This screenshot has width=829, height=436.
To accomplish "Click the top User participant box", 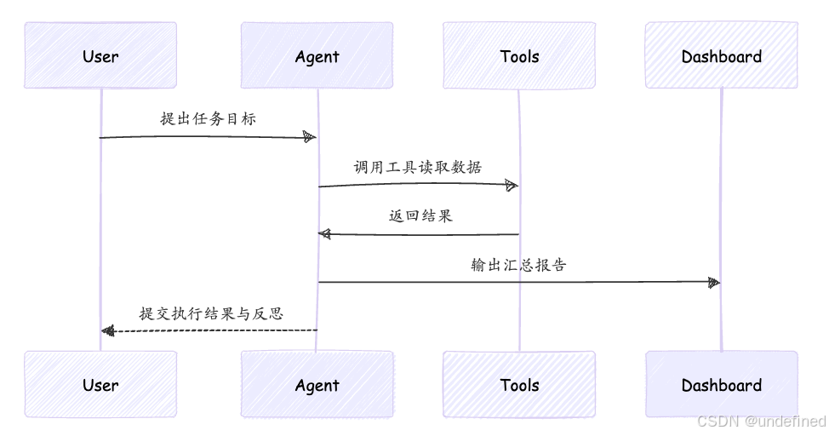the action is click(x=100, y=55).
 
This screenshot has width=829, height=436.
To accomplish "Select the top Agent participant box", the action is click(x=317, y=55).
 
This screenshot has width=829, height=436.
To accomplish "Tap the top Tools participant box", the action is click(x=519, y=55).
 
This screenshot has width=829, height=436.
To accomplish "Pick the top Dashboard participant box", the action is click(x=722, y=55).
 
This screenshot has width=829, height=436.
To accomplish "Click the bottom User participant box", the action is click(x=100, y=384).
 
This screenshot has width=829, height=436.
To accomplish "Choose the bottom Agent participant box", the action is click(x=317, y=384).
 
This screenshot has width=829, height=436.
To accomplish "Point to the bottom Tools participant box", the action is click(x=519, y=384).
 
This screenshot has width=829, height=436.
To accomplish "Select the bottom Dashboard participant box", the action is click(x=722, y=384).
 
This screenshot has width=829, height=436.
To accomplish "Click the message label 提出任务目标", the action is click(x=209, y=118).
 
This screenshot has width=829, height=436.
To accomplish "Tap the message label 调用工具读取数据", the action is click(x=418, y=167).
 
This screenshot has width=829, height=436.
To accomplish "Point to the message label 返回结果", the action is click(x=420, y=216).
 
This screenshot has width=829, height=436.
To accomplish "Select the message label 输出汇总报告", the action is click(x=518, y=265).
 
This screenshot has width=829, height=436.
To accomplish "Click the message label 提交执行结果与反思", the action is click(x=211, y=313).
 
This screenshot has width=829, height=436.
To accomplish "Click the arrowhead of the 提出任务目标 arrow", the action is click(x=310, y=137).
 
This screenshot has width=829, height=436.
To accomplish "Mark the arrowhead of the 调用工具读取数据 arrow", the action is click(x=512, y=185).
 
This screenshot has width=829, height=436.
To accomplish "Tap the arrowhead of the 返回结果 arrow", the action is click(x=324, y=234).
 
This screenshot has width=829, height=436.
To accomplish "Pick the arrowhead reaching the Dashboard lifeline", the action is click(x=714, y=283).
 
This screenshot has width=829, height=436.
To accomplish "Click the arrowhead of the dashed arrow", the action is click(x=108, y=331).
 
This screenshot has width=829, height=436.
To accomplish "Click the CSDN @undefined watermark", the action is click(x=761, y=422).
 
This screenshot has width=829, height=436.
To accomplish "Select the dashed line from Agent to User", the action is click(x=209, y=331).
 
